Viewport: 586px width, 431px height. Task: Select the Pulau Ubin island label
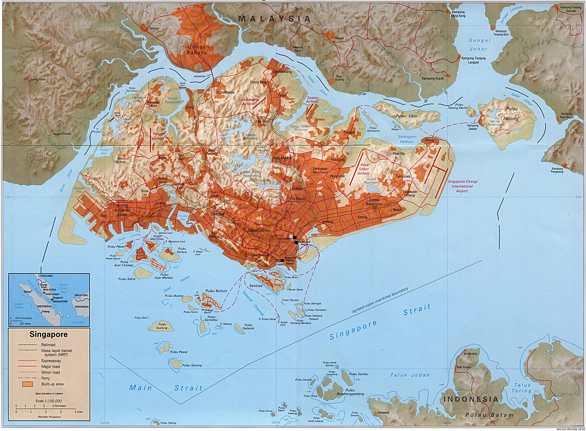[x=406, y=116]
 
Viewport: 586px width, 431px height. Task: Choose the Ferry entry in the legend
[x=45, y=378]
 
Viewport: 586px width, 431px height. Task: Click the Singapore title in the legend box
[x=48, y=334]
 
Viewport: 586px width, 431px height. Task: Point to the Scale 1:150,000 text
[x=49, y=401]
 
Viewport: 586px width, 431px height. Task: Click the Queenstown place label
[x=259, y=231]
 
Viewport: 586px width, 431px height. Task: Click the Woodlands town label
[x=225, y=92]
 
